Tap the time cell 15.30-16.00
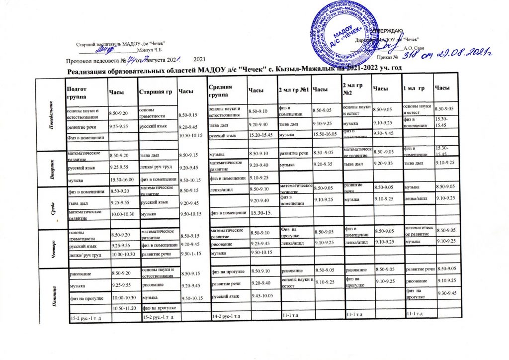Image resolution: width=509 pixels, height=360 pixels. tap(121, 178)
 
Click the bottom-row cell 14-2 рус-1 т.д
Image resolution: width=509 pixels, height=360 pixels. tap(227, 316)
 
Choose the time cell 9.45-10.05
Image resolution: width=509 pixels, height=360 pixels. tap(262, 296)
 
